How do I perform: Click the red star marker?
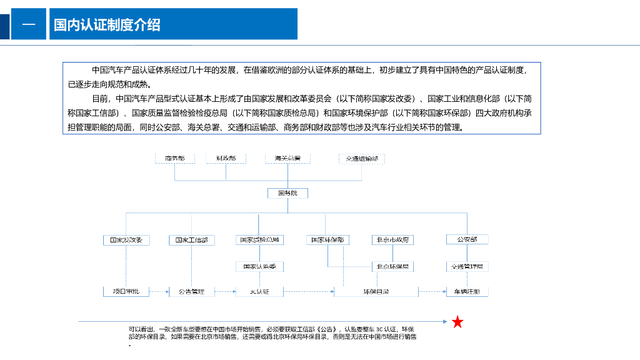point(457,322)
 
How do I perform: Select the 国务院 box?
point(287,193)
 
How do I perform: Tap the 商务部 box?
point(175,159)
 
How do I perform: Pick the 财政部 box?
point(226,159)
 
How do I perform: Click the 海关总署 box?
point(287,159)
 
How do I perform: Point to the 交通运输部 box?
point(362,159)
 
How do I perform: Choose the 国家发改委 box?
point(126,240)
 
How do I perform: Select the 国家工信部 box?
point(191,240)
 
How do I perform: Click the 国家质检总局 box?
point(259,240)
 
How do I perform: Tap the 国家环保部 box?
point(327,240)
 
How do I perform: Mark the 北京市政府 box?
point(392,240)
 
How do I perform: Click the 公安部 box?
point(467,239)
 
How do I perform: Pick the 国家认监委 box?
point(259,267)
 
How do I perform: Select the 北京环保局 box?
point(392,267)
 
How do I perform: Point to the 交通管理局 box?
point(467,267)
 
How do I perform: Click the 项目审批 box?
point(126,291)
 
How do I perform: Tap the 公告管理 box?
point(191,291)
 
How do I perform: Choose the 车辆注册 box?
point(467,291)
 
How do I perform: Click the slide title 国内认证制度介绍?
point(107,24)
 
